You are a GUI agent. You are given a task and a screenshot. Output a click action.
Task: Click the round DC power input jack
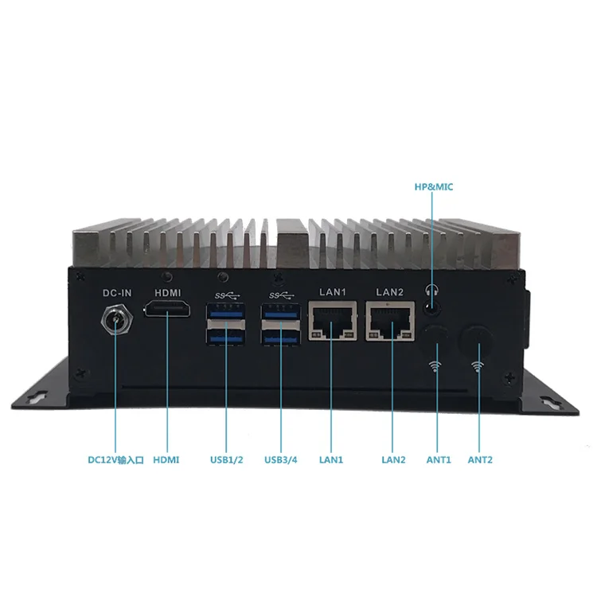click(115, 322)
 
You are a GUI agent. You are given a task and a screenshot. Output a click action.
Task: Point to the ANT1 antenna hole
click(435, 334)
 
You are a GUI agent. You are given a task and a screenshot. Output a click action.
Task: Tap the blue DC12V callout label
click(115, 459)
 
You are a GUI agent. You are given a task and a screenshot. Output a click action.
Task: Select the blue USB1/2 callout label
click(226, 459)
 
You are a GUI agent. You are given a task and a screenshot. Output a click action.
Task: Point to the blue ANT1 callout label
click(438, 459)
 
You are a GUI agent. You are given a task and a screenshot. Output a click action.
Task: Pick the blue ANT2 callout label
click(481, 459)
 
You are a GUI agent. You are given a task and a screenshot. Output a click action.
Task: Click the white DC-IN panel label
click(116, 292)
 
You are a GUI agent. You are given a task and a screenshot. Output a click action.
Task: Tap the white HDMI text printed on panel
click(166, 292)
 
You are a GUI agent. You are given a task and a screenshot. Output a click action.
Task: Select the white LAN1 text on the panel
click(331, 292)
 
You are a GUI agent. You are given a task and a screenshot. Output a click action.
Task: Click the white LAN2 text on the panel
click(390, 292)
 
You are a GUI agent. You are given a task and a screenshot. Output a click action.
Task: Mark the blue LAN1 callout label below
click(330, 459)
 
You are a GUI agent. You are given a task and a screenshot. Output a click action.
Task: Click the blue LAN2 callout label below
click(393, 459)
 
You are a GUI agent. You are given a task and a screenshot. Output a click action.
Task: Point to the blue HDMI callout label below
click(166, 459)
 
